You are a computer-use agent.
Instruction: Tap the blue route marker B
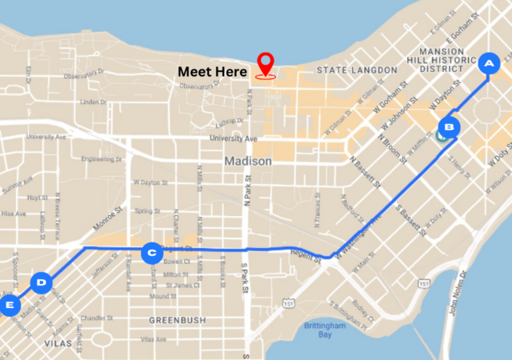click(450, 126)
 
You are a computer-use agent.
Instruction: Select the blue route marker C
click(150, 254)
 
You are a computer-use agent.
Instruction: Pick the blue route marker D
click(42, 282)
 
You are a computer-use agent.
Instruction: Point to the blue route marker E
click(10, 305)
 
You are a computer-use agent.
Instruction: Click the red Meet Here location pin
click(266, 64)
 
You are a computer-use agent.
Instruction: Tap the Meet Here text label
click(212, 71)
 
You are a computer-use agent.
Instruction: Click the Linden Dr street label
click(94, 102)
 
